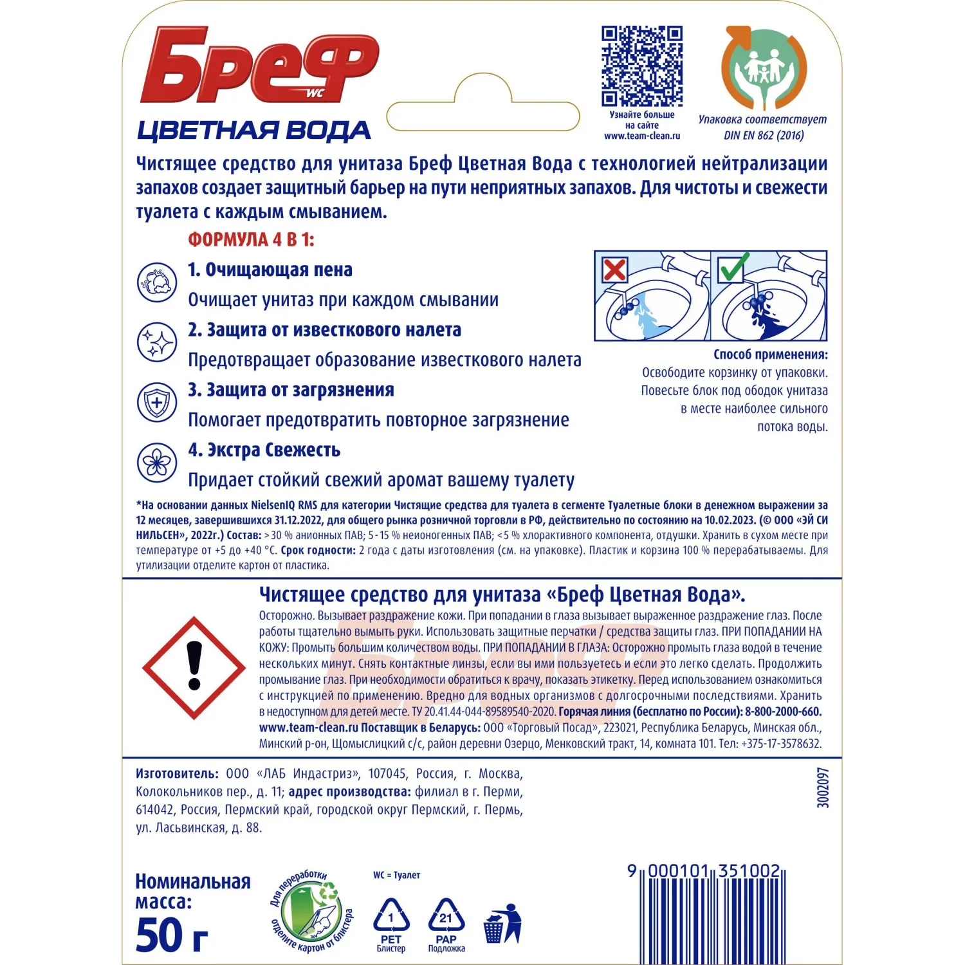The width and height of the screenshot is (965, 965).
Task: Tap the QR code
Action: click(x=641, y=66)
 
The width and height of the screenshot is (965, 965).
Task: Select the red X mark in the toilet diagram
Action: click(x=614, y=270)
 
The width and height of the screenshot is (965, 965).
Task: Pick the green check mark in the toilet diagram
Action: click(x=732, y=268)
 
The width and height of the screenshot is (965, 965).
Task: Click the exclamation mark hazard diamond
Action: click(x=194, y=667)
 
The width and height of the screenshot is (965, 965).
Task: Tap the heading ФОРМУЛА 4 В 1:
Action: click(x=251, y=240)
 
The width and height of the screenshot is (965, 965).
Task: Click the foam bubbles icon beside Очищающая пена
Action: click(x=157, y=282)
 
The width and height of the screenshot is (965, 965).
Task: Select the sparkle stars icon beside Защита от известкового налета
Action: click(x=157, y=342)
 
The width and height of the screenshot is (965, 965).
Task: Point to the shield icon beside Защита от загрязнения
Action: click(x=157, y=402)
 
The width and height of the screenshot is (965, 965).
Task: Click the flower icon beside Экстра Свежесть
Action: click(x=157, y=462)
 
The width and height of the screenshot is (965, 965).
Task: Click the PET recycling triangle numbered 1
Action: click(x=391, y=917)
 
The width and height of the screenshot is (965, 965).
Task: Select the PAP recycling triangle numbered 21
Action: click(x=446, y=917)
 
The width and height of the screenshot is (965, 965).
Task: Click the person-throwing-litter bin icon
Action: click(x=502, y=924)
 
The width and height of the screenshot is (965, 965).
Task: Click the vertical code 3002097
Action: click(x=823, y=787)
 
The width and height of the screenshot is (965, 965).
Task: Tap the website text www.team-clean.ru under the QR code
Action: click(x=641, y=136)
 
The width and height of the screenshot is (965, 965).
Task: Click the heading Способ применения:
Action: click(x=770, y=354)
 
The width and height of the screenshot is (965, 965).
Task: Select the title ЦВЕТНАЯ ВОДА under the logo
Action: click(x=254, y=131)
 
